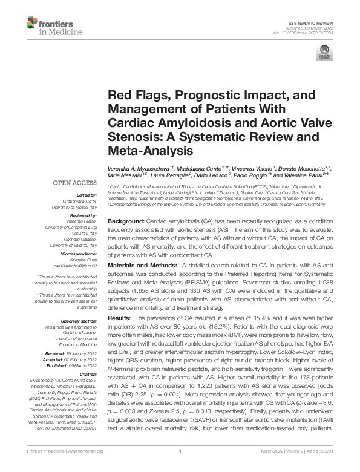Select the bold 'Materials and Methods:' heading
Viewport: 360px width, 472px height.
141,266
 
